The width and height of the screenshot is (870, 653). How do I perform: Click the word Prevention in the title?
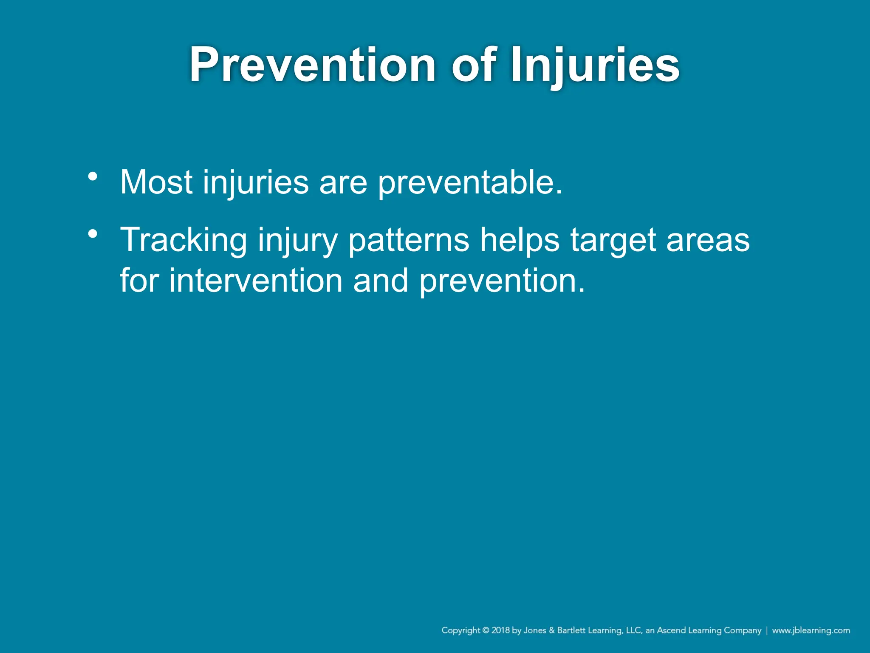(312, 65)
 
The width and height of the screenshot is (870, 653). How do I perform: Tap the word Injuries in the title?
(595, 65)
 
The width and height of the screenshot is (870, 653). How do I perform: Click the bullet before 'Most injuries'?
(93, 176)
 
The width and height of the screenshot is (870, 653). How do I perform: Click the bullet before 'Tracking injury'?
(93, 234)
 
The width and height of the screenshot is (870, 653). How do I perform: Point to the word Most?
(156, 182)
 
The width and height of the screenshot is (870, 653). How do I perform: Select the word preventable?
(469, 183)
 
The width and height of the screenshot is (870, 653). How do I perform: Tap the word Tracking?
(184, 241)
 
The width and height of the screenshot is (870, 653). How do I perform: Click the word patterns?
(408, 241)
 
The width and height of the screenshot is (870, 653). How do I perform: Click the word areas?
(708, 241)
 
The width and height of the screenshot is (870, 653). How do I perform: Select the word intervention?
(256, 281)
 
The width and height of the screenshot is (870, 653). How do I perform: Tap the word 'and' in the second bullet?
(381, 281)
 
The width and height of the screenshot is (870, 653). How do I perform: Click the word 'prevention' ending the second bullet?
(501, 282)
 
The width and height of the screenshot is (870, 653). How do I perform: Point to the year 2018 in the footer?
(500, 630)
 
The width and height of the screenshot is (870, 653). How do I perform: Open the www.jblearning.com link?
(811, 630)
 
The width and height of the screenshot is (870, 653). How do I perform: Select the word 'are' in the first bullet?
(343, 183)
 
